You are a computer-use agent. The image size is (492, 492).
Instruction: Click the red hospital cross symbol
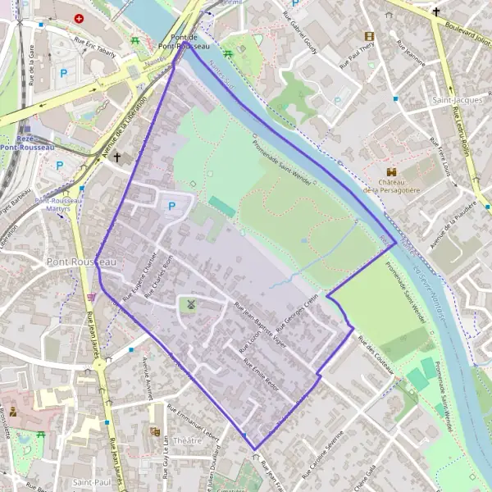click(79, 18)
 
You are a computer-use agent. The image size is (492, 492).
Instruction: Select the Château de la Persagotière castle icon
click(392, 171)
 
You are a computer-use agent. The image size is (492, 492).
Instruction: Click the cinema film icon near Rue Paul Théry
click(369, 36)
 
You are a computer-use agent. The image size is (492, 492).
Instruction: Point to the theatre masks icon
click(154, 431)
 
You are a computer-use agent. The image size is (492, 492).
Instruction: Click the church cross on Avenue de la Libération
click(116, 157)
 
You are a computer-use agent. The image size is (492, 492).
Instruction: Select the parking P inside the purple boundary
click(171, 207)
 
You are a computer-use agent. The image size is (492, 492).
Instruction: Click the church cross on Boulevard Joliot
click(436, 11)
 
